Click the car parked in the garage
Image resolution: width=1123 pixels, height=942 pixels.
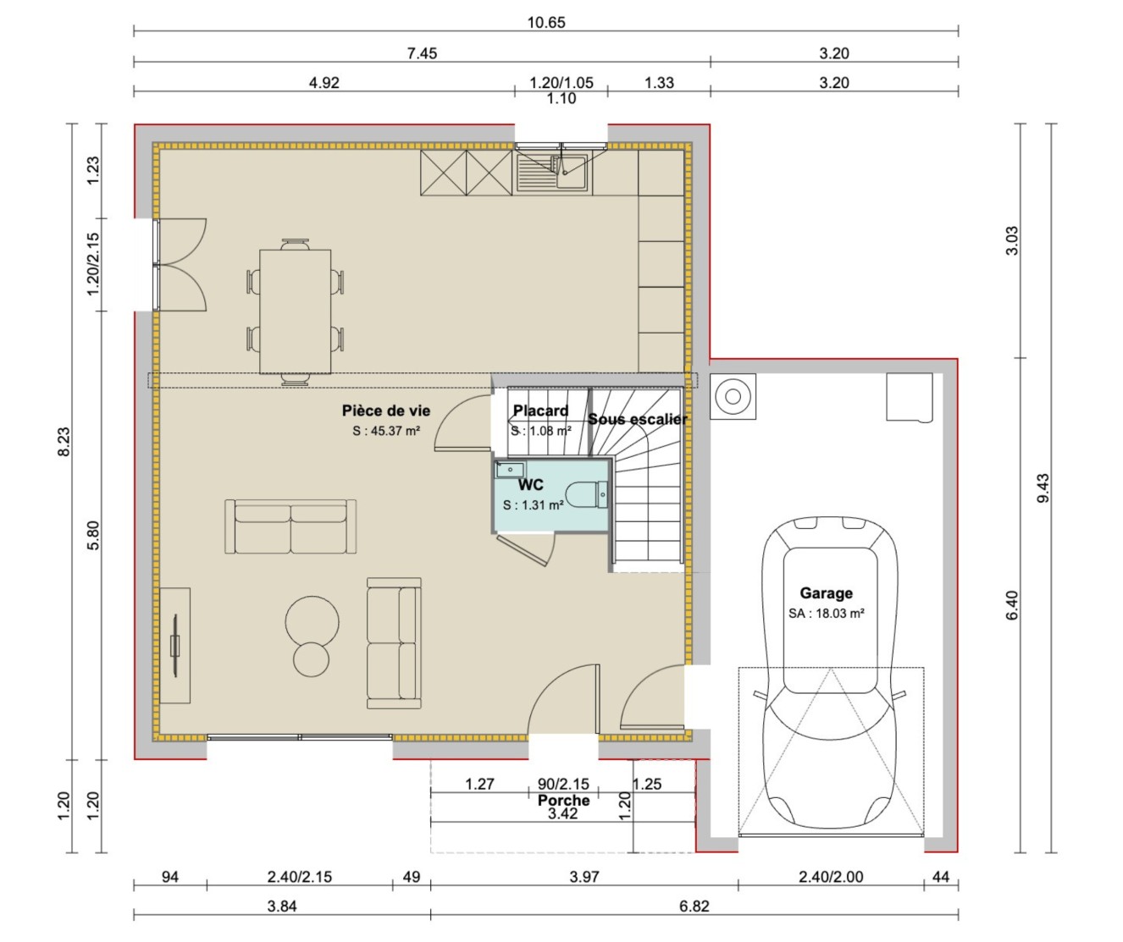829,677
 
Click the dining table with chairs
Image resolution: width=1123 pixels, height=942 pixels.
295,311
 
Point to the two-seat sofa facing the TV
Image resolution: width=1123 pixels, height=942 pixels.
290,526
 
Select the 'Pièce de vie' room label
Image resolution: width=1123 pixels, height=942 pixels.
386,410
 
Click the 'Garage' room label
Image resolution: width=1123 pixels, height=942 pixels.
826,593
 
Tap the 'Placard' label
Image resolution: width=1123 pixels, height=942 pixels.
540,410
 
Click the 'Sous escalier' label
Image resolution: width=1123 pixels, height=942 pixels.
638,419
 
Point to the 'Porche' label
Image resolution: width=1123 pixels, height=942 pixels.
563,800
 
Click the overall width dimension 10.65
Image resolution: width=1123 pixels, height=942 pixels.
546,23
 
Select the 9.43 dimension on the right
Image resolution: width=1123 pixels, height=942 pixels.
1043,488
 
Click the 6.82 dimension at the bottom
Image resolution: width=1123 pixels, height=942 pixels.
694,906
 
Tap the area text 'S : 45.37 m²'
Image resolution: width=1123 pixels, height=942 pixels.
386,431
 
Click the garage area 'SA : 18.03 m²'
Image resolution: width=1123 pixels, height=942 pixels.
826,614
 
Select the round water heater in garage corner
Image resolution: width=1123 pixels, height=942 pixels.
733,396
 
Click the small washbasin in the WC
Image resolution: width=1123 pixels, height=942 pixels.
510,470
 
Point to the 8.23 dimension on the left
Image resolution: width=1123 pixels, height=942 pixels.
64,442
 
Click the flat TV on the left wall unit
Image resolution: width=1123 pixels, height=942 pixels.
175,645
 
